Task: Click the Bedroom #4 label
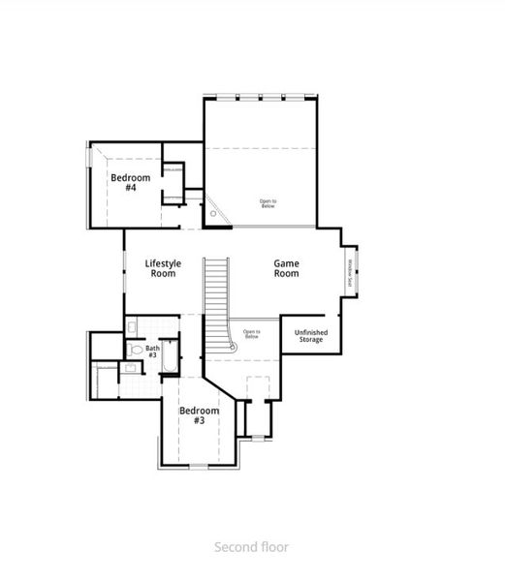coord(130,181)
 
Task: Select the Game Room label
coord(286,268)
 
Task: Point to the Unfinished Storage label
coord(311,337)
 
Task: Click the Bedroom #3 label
coord(198,415)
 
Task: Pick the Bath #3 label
coord(152,352)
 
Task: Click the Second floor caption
coord(251,546)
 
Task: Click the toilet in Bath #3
coord(136,350)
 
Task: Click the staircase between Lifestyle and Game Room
coord(215,300)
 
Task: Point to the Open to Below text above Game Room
coord(268,203)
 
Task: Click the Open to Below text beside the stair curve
coord(251,334)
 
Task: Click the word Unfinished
coord(311,333)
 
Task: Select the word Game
coord(286,262)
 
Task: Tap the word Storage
coord(311,341)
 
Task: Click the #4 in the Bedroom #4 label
coord(131,187)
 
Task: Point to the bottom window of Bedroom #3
coord(198,467)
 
